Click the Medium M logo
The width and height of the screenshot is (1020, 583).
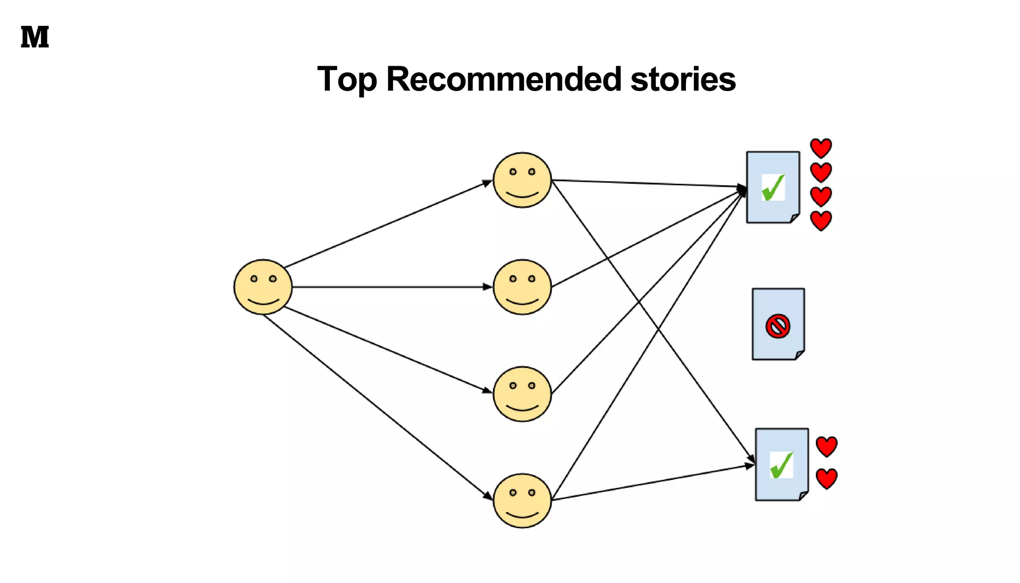coord(35,37)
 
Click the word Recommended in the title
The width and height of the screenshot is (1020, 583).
coord(504,79)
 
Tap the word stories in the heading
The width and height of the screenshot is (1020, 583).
coord(683,79)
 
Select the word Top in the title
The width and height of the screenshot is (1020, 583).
coord(347,79)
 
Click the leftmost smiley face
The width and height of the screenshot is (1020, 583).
coord(263,287)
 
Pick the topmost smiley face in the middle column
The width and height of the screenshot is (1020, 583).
coord(522,180)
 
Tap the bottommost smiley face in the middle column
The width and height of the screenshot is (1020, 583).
coord(522,500)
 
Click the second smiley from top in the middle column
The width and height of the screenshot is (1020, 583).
coord(522,287)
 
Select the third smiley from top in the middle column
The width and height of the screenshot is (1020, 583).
coord(522,394)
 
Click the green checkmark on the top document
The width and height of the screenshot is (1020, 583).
coord(773,187)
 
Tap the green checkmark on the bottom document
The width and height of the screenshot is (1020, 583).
coord(781,465)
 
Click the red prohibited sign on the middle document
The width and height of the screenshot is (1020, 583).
coord(778,327)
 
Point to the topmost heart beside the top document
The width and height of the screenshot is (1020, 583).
coord(821,148)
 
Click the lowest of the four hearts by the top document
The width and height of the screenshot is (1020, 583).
coord(821,221)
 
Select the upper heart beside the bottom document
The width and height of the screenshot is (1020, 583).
coord(827,447)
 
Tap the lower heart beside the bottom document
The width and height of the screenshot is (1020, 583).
coord(827,478)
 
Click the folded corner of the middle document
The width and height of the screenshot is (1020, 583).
coord(799,355)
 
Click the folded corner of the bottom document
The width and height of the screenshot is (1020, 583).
coord(803,496)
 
